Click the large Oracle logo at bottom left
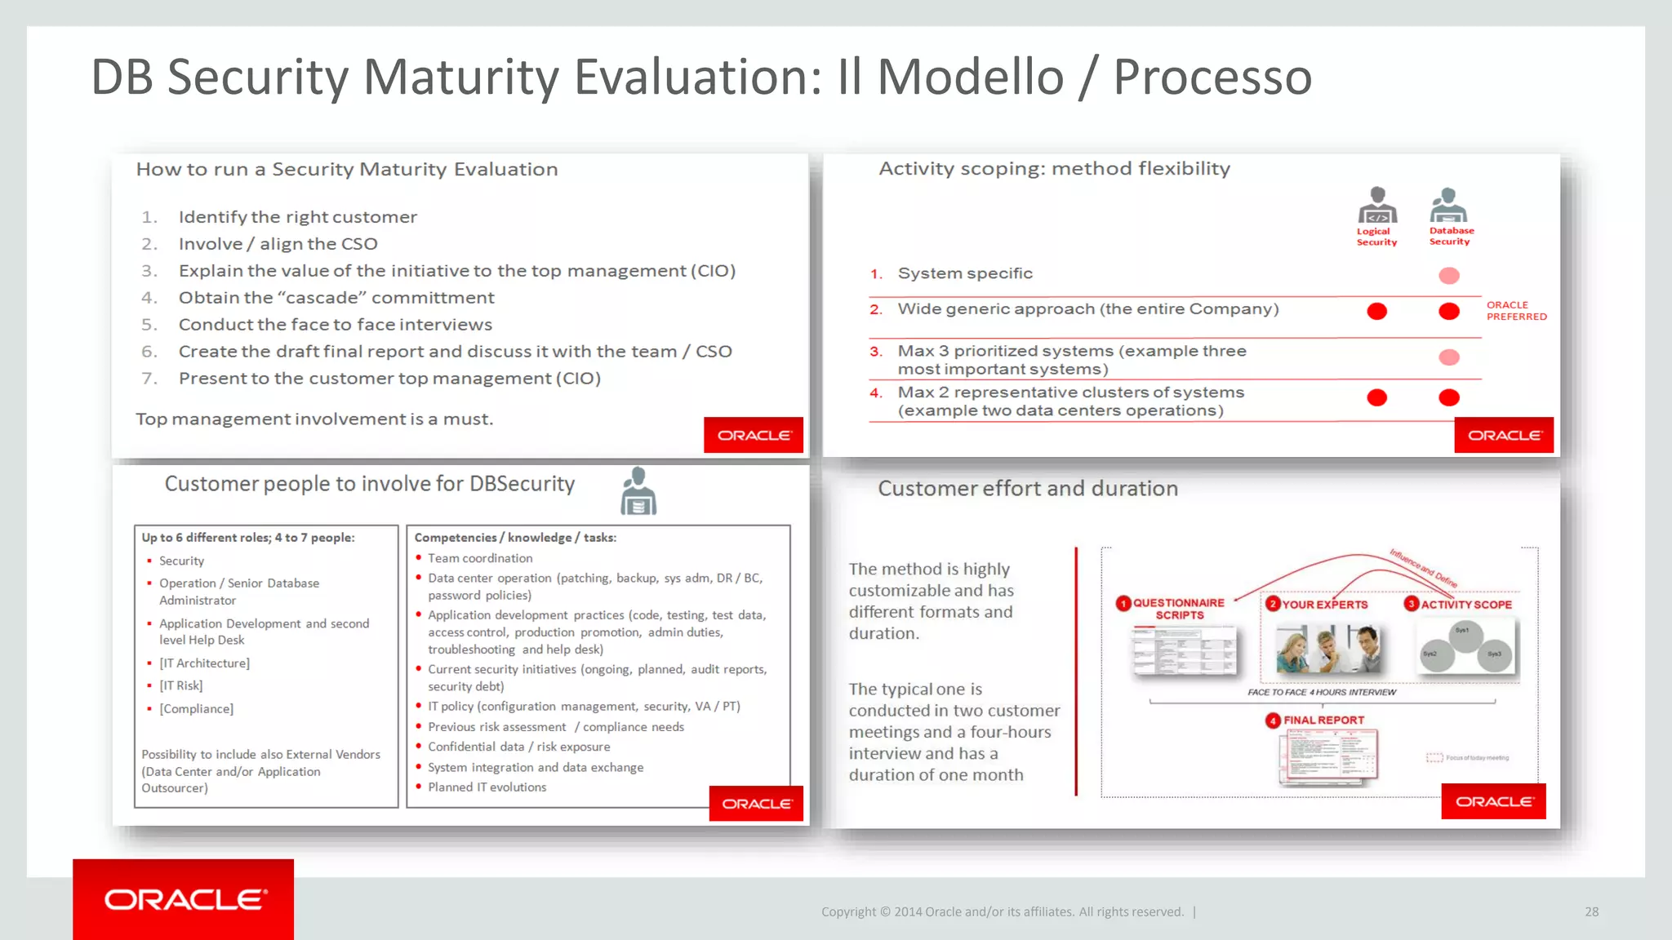click(x=184, y=899)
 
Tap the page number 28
click(x=1591, y=911)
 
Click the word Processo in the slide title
click(x=1212, y=78)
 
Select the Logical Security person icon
click(x=1377, y=206)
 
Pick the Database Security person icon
click(x=1448, y=206)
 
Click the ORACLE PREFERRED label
click(x=1515, y=311)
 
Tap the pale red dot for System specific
click(x=1449, y=276)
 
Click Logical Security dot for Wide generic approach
click(x=1377, y=311)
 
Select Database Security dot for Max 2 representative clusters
click(x=1449, y=397)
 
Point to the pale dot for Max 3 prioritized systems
click(x=1449, y=357)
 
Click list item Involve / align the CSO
click(x=278, y=244)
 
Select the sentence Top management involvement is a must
click(x=314, y=419)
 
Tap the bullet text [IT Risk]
click(x=180, y=685)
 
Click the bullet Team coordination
click(x=480, y=558)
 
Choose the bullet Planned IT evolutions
click(x=487, y=787)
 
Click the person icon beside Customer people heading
click(x=638, y=491)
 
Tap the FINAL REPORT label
click(x=1323, y=721)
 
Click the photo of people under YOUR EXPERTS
click(x=1328, y=649)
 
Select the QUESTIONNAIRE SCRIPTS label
click(x=1178, y=609)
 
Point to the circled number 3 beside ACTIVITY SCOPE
click(x=1411, y=604)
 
